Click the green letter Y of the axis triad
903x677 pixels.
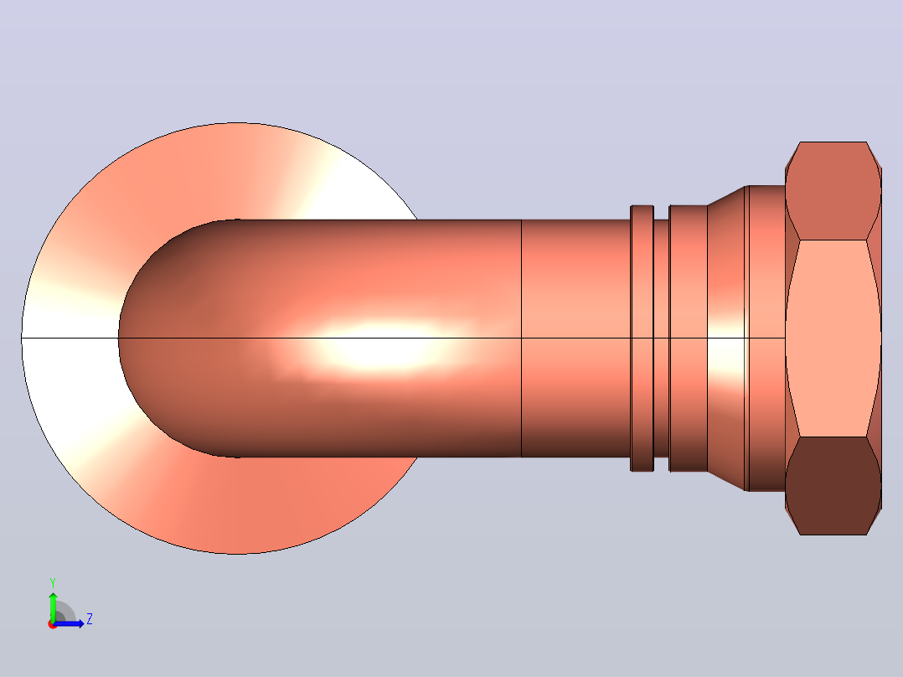tap(53, 582)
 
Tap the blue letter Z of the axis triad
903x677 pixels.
tap(90, 619)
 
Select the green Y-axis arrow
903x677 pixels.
tap(53, 607)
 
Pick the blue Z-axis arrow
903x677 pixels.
tap(69, 623)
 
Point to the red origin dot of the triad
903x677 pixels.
tap(52, 624)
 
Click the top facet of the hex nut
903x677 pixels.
tap(833, 190)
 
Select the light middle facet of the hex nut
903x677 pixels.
tap(833, 338)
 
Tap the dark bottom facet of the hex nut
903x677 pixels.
tap(833, 486)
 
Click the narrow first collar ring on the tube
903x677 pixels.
tap(642, 338)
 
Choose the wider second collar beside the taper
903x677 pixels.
tap(689, 338)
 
